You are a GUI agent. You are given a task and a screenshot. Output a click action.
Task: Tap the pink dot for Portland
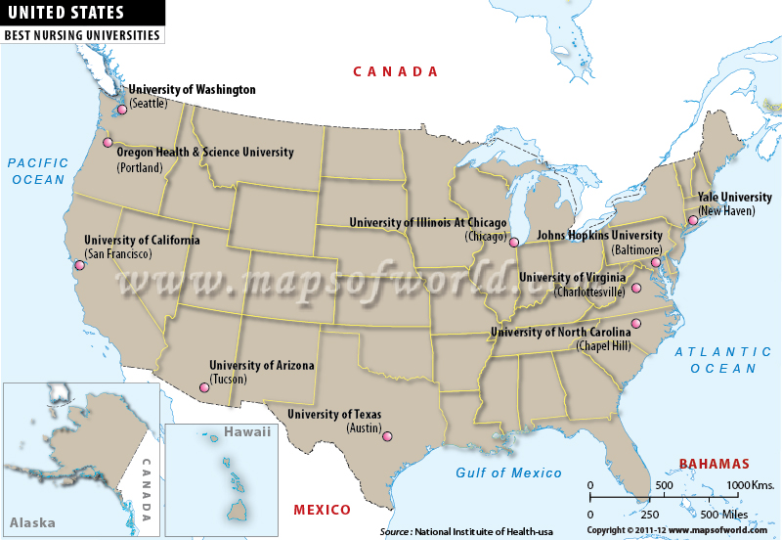point(108,143)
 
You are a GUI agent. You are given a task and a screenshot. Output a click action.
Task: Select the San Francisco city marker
point(79,264)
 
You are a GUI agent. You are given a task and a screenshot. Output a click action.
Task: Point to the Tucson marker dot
point(204,387)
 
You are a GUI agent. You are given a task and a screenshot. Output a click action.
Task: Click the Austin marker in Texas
point(386,436)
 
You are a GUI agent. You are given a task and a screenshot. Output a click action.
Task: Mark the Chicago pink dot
point(514,241)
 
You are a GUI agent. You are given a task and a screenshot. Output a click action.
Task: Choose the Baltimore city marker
point(656,262)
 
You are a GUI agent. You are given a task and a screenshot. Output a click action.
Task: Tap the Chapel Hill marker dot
point(635,324)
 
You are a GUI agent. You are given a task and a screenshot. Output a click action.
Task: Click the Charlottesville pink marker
point(635,288)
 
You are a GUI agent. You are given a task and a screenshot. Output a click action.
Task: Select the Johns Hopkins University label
point(599,236)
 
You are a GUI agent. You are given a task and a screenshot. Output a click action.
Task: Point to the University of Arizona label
point(261,365)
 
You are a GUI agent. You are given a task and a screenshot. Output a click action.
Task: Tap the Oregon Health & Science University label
point(205,153)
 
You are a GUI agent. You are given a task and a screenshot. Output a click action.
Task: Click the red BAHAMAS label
point(715,464)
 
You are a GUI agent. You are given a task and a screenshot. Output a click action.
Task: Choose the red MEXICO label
point(323,511)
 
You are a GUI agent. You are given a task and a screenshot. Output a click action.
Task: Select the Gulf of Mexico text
point(509,473)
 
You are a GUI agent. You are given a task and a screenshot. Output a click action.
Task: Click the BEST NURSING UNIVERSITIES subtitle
point(81,35)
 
